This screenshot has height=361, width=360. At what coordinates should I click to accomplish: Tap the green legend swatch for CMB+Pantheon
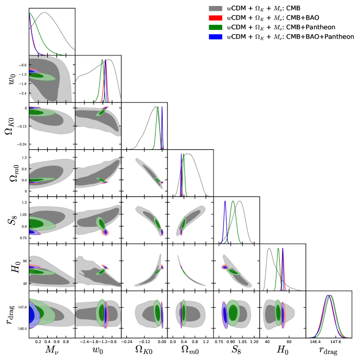pos(216,28)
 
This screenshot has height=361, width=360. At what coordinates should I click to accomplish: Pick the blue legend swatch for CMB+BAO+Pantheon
pos(216,37)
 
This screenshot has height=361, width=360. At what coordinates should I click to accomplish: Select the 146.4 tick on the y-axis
pos(20,328)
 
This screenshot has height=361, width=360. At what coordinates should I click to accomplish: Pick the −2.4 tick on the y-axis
pos(22,93)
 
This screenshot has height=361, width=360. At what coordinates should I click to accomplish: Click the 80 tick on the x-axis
pos(290,343)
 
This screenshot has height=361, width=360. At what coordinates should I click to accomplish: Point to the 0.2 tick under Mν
pos(37,343)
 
